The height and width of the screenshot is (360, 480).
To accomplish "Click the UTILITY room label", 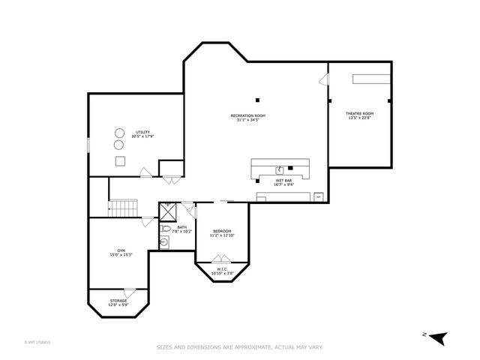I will pyautogui.click(x=142, y=132).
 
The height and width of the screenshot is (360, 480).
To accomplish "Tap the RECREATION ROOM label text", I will pyautogui.click(x=247, y=115).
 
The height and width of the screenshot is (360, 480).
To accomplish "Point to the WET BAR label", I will pyautogui.click(x=283, y=181).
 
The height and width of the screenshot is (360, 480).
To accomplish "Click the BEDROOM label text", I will pyautogui.click(x=221, y=231).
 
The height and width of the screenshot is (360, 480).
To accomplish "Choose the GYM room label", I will pyautogui.click(x=121, y=250).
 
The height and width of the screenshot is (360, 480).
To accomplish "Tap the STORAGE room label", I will pyautogui.click(x=118, y=301).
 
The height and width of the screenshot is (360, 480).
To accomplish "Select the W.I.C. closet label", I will pyautogui.click(x=222, y=269).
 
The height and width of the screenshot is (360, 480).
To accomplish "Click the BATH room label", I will pyautogui.click(x=182, y=227).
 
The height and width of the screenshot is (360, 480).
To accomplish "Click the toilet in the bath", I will pyautogui.click(x=164, y=241).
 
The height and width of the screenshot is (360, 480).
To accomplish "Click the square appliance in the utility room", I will pyautogui.click(x=119, y=160).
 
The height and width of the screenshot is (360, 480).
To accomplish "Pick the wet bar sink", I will pyautogui.click(x=280, y=169).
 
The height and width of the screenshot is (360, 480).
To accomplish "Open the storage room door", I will pyautogui.click(x=130, y=291).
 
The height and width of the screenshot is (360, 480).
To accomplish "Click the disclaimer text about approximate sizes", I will pyautogui.click(x=239, y=346).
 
